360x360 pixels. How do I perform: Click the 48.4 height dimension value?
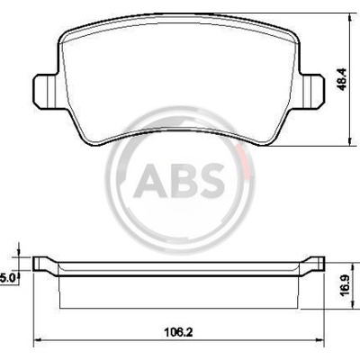tap(342, 79)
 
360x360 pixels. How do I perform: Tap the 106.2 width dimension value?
tap(178, 332)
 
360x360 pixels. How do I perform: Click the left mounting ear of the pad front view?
tap(45, 91)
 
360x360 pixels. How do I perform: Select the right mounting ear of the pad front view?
tap(312, 91)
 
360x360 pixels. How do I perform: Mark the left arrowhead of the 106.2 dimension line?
tap(37, 340)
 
